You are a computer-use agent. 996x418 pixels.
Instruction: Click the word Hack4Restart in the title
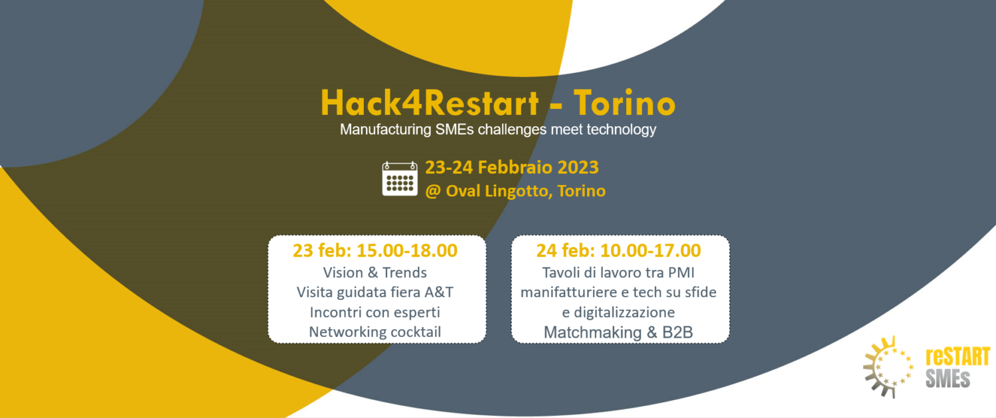point(430,103)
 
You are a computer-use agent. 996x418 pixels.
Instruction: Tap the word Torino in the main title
point(624,103)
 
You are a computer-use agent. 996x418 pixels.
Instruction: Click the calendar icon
point(400,178)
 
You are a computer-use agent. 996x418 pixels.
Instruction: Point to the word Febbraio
point(515,167)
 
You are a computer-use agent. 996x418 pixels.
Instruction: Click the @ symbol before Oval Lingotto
point(433,192)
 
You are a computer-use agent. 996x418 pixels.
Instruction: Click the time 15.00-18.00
point(407,251)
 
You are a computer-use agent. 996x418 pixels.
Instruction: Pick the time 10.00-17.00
point(651,251)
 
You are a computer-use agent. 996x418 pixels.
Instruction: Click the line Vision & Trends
point(375,272)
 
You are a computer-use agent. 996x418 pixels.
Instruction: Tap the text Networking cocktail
point(375,332)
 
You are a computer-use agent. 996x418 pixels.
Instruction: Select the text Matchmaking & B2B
point(618,332)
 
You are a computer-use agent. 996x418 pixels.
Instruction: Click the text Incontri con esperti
point(375,313)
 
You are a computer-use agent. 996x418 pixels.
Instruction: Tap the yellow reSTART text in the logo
point(957,357)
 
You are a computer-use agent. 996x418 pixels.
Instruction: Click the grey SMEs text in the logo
point(948,378)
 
